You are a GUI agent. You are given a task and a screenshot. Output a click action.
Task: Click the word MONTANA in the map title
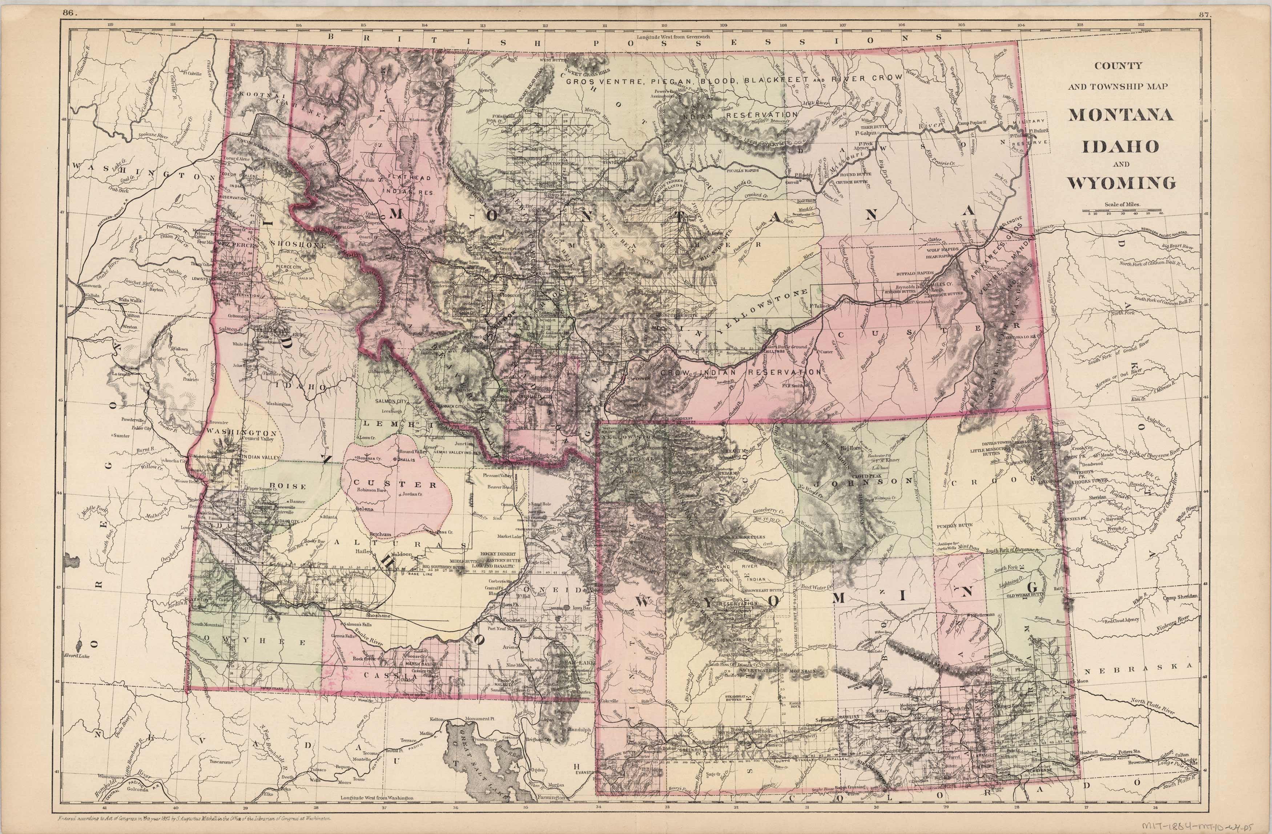coord(1121,115)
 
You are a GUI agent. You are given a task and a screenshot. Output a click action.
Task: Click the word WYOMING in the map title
coord(1121,183)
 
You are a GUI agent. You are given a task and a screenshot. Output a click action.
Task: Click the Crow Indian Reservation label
coord(740,372)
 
